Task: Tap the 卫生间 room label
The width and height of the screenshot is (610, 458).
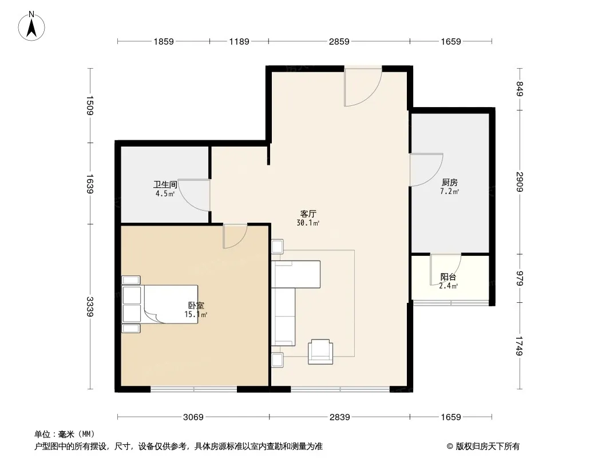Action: tap(165, 184)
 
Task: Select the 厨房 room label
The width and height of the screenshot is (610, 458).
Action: tap(450, 182)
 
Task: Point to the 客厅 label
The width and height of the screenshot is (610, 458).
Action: tap(308, 214)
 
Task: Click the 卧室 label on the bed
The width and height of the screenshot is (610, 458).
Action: tap(196, 306)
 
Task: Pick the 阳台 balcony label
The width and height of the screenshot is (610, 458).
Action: tap(448, 277)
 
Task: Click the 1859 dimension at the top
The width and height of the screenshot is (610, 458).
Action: tap(164, 41)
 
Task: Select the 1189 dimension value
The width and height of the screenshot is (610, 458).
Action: tap(239, 41)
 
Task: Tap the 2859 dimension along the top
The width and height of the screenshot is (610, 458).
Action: tap(339, 41)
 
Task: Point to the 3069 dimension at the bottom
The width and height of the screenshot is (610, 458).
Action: tap(193, 417)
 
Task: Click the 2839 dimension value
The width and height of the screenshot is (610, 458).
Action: tap(340, 417)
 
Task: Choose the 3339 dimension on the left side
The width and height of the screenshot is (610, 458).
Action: tap(90, 307)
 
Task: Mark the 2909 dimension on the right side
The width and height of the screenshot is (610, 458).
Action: tap(520, 181)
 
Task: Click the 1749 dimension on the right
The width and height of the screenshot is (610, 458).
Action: tap(520, 346)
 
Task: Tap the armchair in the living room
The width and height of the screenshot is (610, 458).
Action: tap(320, 352)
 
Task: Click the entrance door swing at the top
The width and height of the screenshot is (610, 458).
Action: tap(363, 87)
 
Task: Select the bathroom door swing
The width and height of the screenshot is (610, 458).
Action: tap(195, 195)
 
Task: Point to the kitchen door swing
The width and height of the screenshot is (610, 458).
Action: tap(426, 170)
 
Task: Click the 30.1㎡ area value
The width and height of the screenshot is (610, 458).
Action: tap(308, 223)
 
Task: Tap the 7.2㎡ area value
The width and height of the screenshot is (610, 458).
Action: tap(450, 191)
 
